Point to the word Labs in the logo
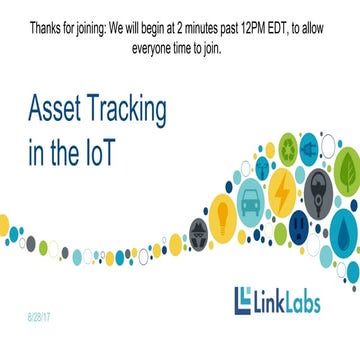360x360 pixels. click(299, 302)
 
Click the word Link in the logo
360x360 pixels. click(266, 302)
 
